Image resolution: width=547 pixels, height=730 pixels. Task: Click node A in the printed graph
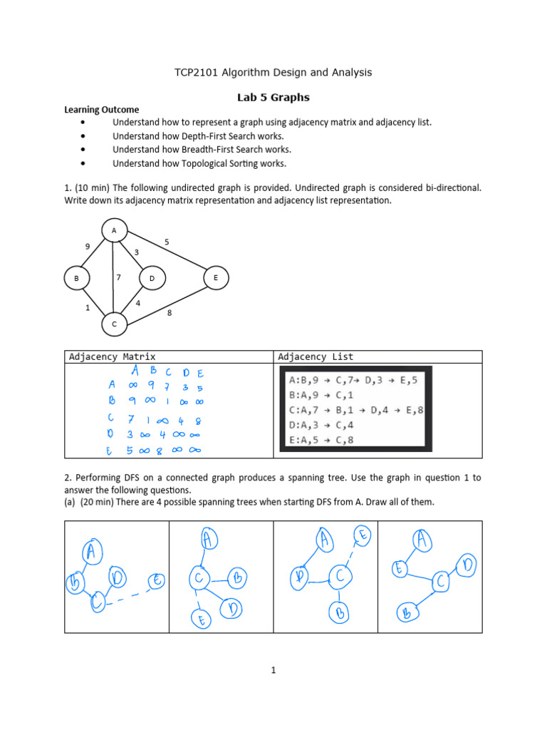click(113, 230)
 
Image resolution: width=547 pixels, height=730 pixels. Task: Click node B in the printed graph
click(75, 279)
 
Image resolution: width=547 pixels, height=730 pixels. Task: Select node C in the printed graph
click(113, 324)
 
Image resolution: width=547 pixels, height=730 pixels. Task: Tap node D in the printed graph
click(152, 279)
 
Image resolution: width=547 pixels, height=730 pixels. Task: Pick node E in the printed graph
click(216, 278)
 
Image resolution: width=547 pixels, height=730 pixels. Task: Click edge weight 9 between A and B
click(87, 247)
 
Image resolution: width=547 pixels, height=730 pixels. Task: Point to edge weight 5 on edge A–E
click(167, 242)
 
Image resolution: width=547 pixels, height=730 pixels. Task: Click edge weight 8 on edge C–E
click(169, 312)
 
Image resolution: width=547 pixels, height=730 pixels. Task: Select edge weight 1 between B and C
click(87, 309)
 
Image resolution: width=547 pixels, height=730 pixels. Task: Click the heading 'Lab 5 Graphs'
click(273, 97)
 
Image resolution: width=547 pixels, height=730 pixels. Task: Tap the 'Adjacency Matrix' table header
click(112, 356)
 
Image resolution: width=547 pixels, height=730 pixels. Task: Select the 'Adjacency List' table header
click(316, 356)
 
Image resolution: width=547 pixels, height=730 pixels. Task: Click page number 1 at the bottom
click(273, 669)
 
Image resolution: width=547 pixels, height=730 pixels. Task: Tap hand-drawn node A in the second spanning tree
click(207, 539)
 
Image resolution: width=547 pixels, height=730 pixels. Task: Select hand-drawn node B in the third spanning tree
click(341, 612)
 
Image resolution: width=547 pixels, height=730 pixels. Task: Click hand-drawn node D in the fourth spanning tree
click(467, 565)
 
